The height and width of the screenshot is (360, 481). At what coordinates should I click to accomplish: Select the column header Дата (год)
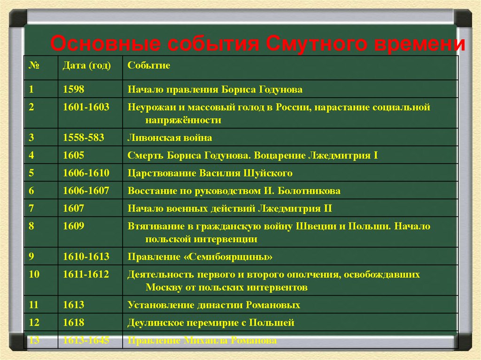click(87, 65)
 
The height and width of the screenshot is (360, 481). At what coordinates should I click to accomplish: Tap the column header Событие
click(149, 65)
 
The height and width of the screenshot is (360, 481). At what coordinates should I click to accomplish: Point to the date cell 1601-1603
click(86, 107)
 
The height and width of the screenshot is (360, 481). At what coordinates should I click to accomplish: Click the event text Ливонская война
click(170, 138)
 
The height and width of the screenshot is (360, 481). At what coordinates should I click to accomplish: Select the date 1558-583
click(84, 138)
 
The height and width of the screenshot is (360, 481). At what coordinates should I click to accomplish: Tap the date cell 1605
click(74, 155)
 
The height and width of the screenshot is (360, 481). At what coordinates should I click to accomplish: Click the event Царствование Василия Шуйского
click(210, 173)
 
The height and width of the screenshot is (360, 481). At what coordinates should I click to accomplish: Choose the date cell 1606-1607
click(86, 191)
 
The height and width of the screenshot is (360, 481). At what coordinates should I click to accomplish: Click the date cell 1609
click(74, 226)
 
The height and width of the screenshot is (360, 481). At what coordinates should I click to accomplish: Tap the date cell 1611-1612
click(86, 274)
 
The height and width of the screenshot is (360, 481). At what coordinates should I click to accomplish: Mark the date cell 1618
click(74, 322)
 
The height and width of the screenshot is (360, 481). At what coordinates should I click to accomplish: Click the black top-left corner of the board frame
click(17, 17)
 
